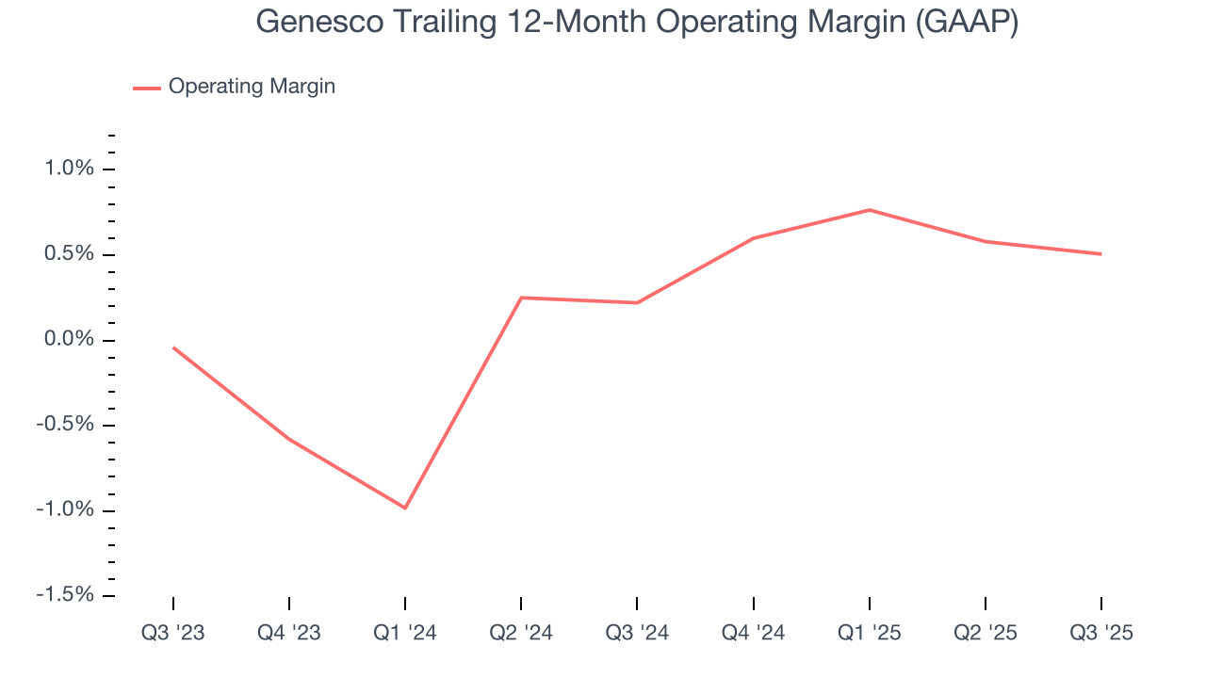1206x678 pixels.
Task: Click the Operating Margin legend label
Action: (x=252, y=87)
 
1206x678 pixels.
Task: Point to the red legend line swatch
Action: (x=147, y=88)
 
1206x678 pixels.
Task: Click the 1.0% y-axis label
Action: (x=70, y=169)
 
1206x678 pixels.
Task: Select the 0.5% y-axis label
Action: (x=70, y=255)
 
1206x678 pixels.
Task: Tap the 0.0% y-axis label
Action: (x=70, y=340)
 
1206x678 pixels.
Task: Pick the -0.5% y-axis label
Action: (x=66, y=425)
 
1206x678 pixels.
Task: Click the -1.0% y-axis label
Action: (x=66, y=510)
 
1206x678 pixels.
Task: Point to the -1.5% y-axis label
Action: (x=66, y=595)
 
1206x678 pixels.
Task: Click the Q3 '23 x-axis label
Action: (x=173, y=634)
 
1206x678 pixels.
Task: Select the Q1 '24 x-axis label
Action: (x=405, y=634)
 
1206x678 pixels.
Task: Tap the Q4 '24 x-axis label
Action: (x=753, y=634)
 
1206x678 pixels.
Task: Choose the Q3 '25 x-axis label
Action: (x=1100, y=634)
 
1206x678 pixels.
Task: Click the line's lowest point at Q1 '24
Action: (x=405, y=508)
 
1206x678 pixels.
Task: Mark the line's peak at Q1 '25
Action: (x=869, y=210)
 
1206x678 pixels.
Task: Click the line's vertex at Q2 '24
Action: (x=521, y=298)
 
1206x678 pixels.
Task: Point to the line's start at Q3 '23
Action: (x=173, y=347)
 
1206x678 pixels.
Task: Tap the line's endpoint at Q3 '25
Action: (x=1100, y=254)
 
